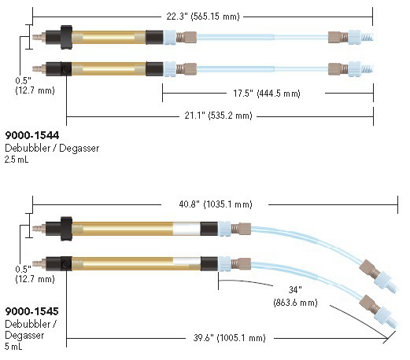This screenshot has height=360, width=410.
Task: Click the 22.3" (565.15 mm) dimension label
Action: click(203, 17)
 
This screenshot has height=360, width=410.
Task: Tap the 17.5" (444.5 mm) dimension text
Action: click(267, 94)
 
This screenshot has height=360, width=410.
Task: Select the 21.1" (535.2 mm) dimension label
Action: click(218, 116)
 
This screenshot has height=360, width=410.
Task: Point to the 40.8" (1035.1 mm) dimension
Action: click(216, 204)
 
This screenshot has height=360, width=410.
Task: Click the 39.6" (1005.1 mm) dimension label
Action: click(229, 338)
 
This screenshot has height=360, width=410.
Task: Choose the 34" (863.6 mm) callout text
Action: click(295, 296)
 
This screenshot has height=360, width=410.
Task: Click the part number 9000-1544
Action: click(32, 135)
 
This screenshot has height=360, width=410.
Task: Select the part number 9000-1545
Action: click(31, 311)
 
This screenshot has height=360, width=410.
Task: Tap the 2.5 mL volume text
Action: click(17, 160)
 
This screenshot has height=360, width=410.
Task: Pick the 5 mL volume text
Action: click(13, 347)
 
